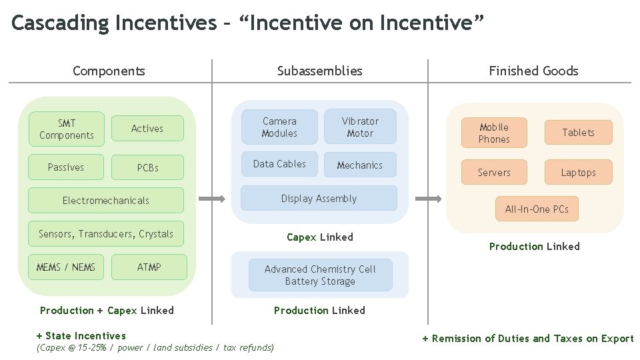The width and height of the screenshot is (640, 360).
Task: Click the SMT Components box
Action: [67, 129]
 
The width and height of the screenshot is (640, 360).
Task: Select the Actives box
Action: [147, 129]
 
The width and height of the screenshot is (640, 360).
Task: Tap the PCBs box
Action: [147, 167]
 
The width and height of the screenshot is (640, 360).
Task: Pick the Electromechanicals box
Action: [106, 200]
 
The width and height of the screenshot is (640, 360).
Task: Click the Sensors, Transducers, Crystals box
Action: [106, 234]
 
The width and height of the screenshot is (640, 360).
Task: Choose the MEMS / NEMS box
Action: [66, 267]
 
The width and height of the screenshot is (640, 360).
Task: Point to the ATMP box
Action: [149, 267]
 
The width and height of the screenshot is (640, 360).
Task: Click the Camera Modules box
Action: [279, 127]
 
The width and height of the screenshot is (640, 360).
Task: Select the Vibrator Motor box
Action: [360, 127]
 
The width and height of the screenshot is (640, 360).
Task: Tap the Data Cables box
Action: [279, 164]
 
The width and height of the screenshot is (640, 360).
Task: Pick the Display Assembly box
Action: [319, 199]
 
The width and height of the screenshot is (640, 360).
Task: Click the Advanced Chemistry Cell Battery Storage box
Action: [320, 275]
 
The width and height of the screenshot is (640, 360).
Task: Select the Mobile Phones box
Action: [494, 133]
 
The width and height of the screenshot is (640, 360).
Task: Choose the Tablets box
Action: [578, 133]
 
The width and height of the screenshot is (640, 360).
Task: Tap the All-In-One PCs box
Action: [537, 209]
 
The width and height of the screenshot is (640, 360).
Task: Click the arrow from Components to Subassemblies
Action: [213, 199]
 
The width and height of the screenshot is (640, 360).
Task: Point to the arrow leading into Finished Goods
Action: [428, 199]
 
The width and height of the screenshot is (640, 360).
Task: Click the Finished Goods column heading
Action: [533, 71]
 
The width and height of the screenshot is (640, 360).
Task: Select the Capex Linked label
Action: [320, 237]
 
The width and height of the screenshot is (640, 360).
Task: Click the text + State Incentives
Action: [81, 336]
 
